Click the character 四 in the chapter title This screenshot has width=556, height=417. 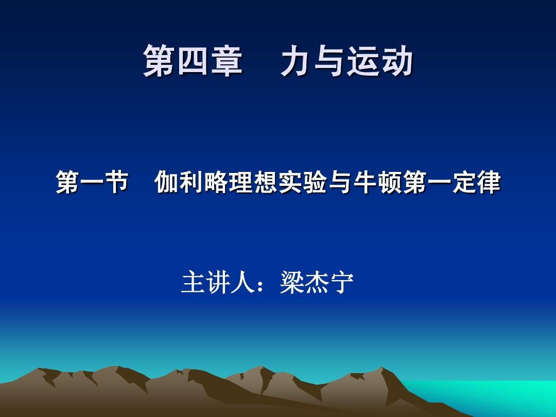[193, 61]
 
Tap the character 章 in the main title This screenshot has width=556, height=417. [227, 61]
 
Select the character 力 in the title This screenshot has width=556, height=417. [296, 61]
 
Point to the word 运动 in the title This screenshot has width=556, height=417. [380, 61]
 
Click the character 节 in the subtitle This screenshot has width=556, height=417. [116, 182]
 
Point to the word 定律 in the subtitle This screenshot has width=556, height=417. [476, 182]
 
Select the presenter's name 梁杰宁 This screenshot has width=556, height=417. [317, 283]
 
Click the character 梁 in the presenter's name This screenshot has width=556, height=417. [292, 283]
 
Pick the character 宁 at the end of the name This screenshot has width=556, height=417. [342, 283]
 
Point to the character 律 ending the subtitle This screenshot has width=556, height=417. [488, 182]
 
